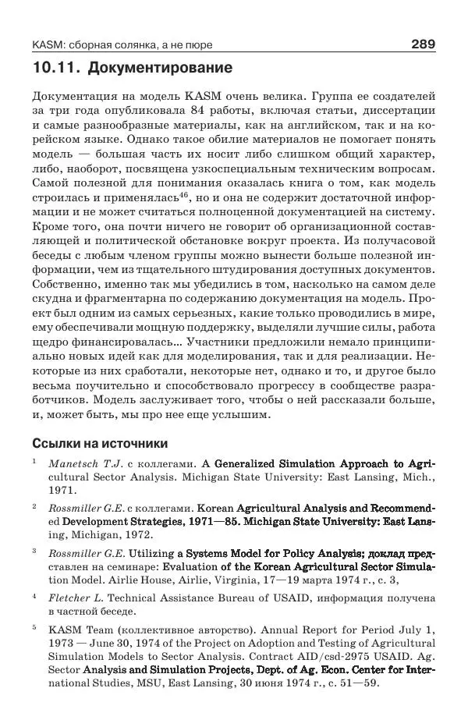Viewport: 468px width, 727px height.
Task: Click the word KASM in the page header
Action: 48,45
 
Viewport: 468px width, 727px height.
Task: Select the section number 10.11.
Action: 55,68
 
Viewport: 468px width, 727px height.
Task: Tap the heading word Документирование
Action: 160,68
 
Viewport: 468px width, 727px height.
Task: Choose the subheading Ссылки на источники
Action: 100,444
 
